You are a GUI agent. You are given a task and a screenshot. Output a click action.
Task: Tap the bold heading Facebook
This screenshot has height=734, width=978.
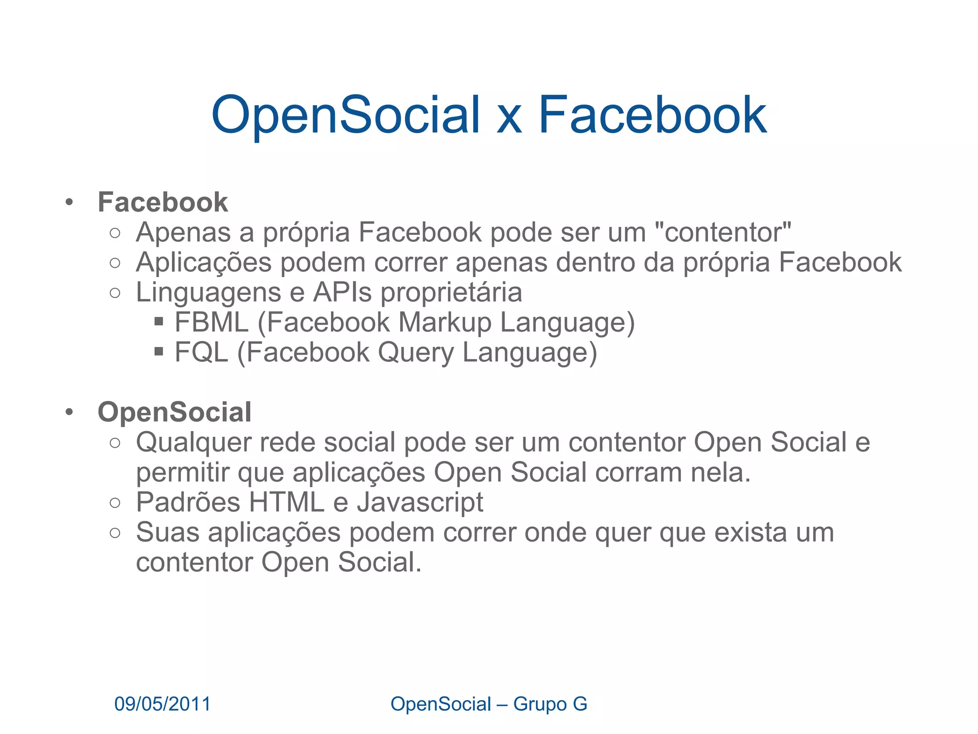tap(163, 202)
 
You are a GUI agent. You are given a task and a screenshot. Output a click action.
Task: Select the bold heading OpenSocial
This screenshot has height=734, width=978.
tap(174, 412)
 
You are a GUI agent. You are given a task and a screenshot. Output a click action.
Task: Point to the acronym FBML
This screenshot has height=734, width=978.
tap(212, 322)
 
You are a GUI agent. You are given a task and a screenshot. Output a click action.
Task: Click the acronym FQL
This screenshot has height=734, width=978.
tap(202, 352)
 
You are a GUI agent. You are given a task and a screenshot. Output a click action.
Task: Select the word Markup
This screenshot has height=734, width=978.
tap(445, 323)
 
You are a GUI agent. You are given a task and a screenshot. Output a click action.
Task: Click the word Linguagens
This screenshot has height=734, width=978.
tap(209, 293)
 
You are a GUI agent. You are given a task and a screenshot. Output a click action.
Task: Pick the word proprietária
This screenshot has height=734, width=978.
tap(451, 293)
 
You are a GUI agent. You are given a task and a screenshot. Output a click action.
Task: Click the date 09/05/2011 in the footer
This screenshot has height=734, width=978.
tap(162, 704)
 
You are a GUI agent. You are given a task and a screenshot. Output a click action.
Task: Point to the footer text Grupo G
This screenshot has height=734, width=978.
tap(550, 704)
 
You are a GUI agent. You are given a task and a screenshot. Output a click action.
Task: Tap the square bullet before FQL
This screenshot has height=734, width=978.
tap(159, 352)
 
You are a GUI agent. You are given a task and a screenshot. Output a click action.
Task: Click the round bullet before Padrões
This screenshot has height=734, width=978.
tap(115, 503)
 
